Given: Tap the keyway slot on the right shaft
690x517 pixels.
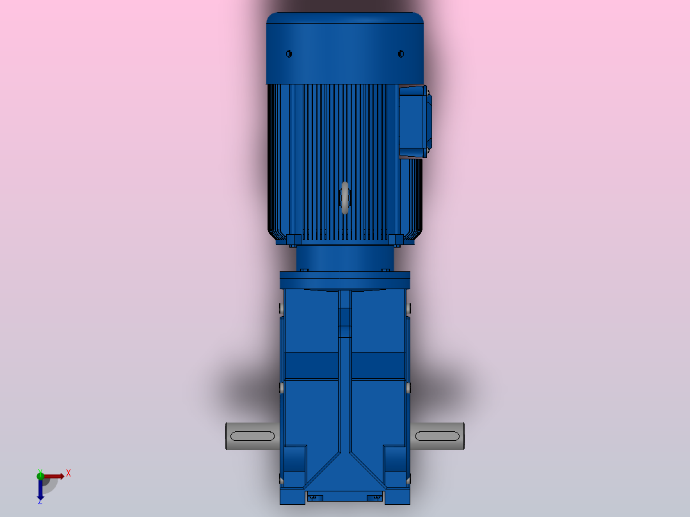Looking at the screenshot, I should point(437,436).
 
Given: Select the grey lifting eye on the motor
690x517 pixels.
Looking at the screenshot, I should point(345,197).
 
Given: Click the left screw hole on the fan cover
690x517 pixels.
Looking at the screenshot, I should point(289,54).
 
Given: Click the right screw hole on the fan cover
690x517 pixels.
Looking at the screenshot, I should point(401,54).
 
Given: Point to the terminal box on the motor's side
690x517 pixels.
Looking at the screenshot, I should point(414,122).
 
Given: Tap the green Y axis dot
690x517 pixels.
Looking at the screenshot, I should point(40,475).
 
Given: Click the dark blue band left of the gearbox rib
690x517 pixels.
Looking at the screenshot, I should point(311,365).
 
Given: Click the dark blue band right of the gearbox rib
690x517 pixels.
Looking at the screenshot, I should point(379,365).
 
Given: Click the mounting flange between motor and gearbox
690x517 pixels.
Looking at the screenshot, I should point(345,280).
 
